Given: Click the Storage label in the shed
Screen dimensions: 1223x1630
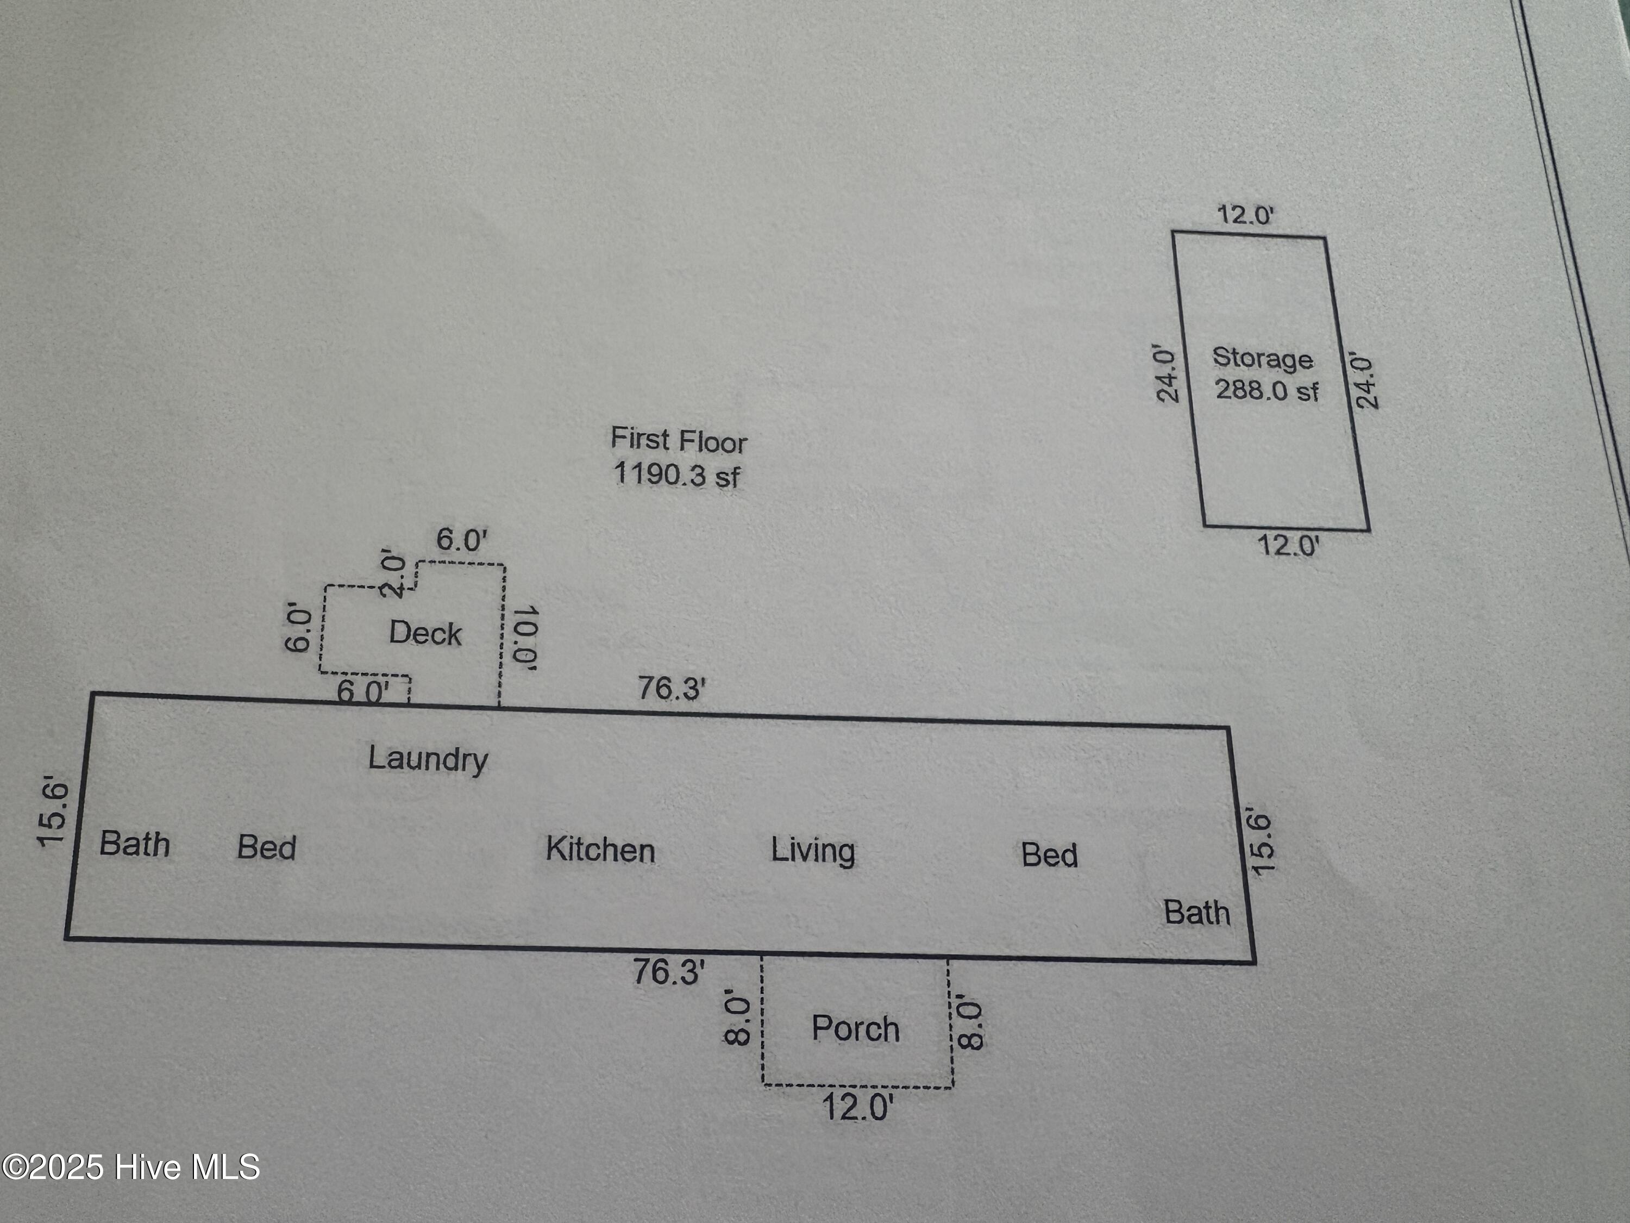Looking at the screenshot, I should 1262,358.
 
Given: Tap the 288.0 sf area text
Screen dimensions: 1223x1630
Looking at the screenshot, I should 1266,390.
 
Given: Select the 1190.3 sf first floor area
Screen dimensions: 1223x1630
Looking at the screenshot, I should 676,473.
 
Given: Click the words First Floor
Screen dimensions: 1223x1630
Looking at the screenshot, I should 678,440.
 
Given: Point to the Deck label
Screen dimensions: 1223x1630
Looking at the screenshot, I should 425,633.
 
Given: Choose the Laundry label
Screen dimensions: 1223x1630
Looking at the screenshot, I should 428,759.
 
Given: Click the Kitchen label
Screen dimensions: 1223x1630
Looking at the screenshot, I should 600,850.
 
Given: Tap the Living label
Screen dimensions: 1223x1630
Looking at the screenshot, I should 813,851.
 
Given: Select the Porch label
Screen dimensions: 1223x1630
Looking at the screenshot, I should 856,1028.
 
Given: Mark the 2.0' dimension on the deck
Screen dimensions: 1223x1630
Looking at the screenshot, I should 393,575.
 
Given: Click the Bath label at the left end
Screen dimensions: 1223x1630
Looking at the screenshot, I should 135,844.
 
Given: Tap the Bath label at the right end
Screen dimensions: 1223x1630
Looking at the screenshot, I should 1197,913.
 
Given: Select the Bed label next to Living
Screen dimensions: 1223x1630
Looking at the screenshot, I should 1049,855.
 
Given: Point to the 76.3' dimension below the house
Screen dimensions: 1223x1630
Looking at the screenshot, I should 668,972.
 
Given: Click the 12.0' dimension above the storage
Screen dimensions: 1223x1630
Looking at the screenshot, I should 1245,215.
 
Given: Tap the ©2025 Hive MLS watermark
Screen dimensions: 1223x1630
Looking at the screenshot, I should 131,1167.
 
